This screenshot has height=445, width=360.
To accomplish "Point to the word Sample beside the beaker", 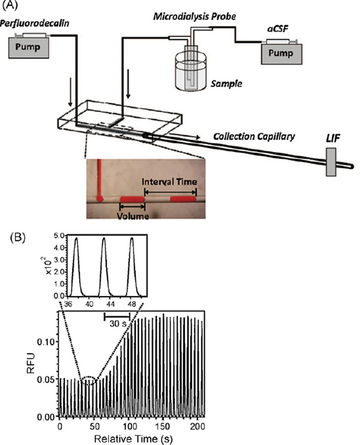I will coord(227,84).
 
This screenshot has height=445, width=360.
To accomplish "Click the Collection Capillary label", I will coord(254,137).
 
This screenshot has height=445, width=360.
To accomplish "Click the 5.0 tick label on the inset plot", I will coord(60,235).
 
